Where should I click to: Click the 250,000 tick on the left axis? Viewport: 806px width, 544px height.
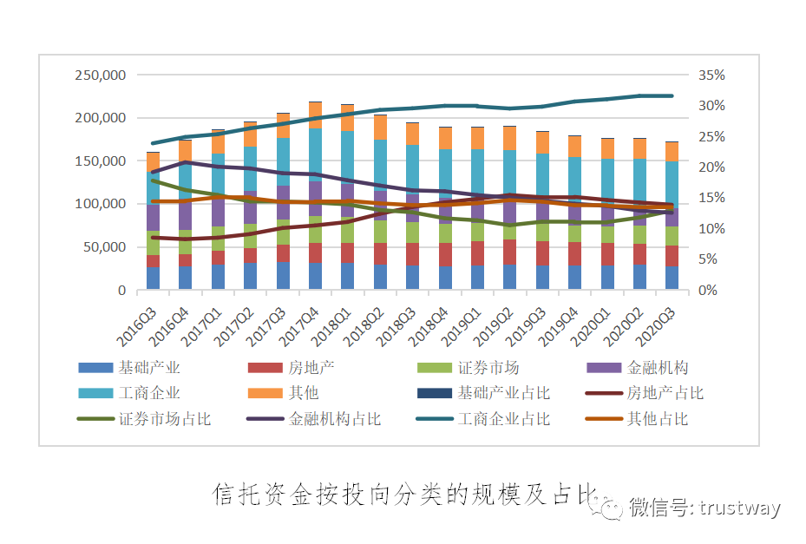click(x=101, y=75)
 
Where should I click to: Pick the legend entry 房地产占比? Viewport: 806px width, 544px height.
click(x=665, y=393)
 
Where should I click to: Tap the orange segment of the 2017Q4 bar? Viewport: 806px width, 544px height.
click(x=315, y=115)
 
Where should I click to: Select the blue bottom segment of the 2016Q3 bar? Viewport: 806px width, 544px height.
click(x=153, y=279)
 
